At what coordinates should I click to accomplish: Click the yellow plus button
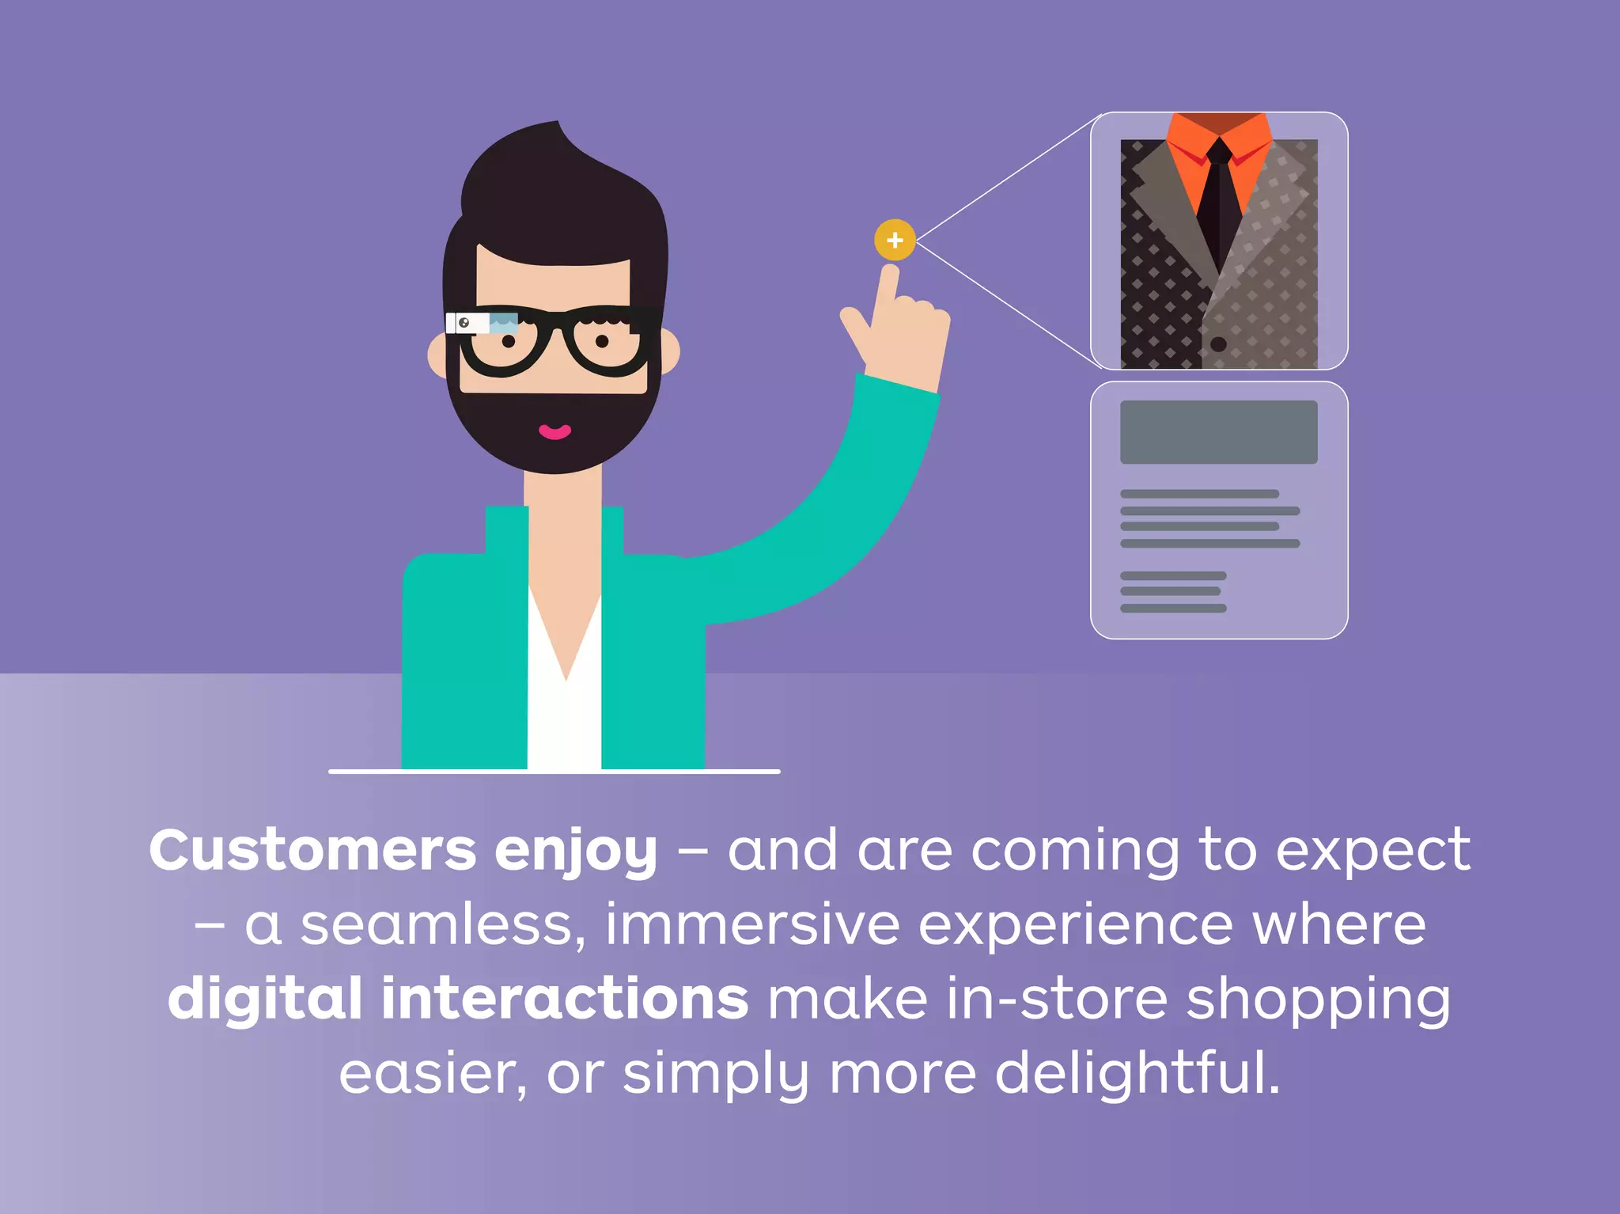[x=895, y=240]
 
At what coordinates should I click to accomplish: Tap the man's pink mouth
[x=555, y=431]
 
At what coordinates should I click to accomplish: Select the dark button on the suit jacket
[x=1218, y=344]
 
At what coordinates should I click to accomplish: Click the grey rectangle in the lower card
[x=1218, y=432]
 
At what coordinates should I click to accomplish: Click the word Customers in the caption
[x=312, y=852]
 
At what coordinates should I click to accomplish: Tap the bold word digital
[x=264, y=999]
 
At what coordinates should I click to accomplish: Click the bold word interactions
[x=565, y=999]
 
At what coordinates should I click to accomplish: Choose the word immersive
[x=752, y=925]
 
